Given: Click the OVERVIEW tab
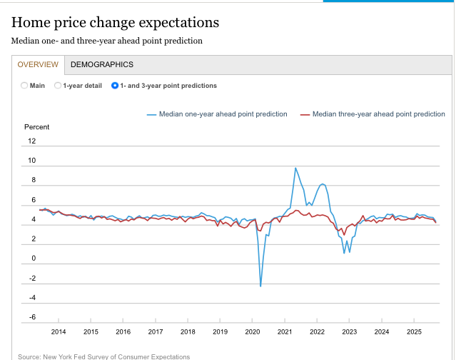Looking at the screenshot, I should tap(38, 64).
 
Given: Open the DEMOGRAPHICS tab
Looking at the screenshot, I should tap(102, 64).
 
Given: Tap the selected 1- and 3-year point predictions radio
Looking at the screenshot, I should tap(115, 86).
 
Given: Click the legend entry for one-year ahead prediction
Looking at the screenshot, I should tap(217, 114).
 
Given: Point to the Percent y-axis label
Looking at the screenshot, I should tap(37, 127).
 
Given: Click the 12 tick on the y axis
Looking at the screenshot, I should tap(31, 141).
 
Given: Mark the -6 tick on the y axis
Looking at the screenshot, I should tap(31, 317).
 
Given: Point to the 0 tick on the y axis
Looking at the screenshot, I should tap(33, 259).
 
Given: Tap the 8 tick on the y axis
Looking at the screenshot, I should tap(33, 180).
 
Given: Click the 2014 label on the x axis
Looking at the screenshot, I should tap(59, 331).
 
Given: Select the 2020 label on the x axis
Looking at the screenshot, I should tap(253, 331).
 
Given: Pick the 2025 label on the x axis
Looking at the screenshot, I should tap(414, 331).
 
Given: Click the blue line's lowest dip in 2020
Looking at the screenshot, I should tap(260, 286).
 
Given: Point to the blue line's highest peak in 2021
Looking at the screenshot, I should tap(295, 168).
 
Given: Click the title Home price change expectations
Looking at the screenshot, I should tap(115, 23).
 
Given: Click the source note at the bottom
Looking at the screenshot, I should tap(104, 356).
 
